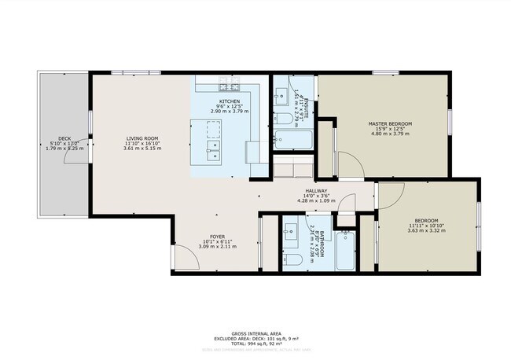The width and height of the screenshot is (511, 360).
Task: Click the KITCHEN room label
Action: (230, 101)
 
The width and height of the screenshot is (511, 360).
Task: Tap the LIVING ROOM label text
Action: (142, 138)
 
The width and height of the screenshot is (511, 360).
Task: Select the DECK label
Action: (64, 138)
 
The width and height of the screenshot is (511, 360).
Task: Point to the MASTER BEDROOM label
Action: (390, 124)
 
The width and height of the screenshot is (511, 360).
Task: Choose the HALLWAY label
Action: (316, 190)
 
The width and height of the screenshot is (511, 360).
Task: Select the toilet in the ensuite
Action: (282, 119)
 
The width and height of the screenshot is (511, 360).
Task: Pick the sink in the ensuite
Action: (281, 94)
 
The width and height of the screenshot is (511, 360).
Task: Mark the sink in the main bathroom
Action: (289, 230)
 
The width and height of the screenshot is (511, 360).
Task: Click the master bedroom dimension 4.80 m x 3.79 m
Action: (390, 134)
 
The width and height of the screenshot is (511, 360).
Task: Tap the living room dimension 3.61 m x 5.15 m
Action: (142, 148)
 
